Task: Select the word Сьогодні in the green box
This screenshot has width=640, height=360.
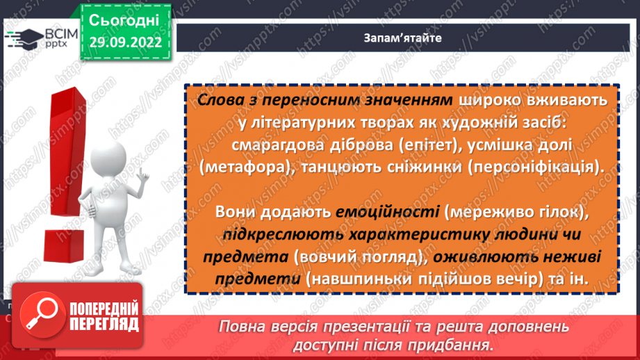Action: tap(124, 19)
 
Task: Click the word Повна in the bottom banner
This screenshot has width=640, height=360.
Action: tap(241, 327)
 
